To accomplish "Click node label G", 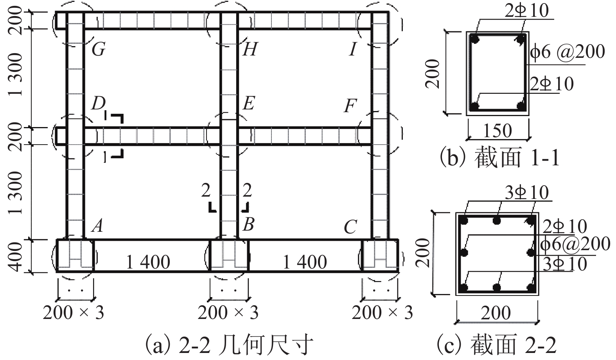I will click(x=99, y=50).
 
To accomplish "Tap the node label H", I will click(x=250, y=50).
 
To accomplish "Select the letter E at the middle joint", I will click(x=249, y=104).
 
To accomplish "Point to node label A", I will click(x=97, y=225).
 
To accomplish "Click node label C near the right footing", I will click(x=350, y=227).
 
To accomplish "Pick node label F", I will click(x=350, y=106).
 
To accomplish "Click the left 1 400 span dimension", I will click(x=148, y=262).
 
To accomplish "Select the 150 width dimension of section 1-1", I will click(x=497, y=131).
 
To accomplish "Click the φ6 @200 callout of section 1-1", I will click(x=568, y=52).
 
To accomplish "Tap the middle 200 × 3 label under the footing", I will click(x=228, y=313).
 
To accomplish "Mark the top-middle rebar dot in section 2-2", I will click(x=497, y=221).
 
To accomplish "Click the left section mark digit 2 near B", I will click(x=206, y=191).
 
